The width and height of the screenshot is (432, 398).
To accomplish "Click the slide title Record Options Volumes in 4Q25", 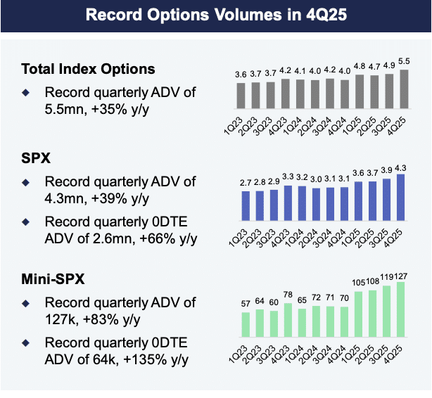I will [216, 15].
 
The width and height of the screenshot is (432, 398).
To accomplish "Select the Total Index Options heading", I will [88, 69].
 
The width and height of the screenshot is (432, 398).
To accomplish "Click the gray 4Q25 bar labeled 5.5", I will [403, 86].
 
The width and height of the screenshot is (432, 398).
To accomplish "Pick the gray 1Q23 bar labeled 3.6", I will [241, 93].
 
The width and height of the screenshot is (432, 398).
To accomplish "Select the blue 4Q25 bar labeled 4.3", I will [402, 198].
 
